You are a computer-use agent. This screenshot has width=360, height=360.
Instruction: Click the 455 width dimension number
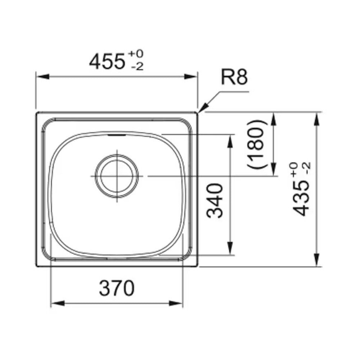(107, 62)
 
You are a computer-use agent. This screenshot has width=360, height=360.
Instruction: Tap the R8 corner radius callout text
(234, 77)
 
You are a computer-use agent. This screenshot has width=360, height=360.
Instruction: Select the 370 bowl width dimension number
(117, 288)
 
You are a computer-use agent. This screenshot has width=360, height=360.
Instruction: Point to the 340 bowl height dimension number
(215, 201)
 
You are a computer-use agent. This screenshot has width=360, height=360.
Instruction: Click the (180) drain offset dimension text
(257, 144)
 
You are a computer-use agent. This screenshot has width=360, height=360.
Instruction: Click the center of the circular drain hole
(117, 176)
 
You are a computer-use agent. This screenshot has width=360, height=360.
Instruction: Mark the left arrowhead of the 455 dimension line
(43, 76)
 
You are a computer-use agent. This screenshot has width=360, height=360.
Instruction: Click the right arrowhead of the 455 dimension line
(191, 76)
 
